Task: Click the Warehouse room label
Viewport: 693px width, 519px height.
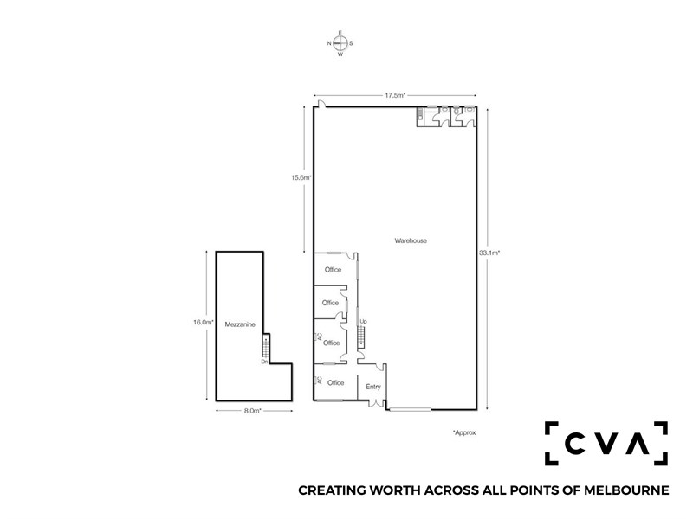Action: (411, 240)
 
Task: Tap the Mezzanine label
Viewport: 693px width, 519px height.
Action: (240, 324)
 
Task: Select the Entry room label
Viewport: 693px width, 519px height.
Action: (373, 387)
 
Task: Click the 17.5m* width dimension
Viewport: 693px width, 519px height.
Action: (395, 95)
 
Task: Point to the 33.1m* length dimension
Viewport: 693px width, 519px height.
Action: (489, 253)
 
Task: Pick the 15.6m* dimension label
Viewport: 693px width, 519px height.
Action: (301, 178)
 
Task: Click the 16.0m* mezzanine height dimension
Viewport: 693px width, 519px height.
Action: (204, 322)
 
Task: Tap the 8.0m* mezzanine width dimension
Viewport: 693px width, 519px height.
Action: (253, 410)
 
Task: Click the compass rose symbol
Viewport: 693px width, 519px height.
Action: (340, 43)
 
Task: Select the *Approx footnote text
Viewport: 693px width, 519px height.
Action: (464, 432)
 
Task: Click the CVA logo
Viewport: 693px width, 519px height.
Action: (606, 443)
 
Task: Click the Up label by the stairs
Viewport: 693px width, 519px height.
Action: (363, 321)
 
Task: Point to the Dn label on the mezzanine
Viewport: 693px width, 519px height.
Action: (264, 362)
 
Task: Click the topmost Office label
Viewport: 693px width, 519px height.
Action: (333, 270)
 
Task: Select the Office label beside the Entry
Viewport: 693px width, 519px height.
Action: (335, 382)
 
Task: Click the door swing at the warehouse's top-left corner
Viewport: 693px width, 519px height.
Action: (321, 104)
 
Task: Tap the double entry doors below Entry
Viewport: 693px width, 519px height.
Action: (376, 403)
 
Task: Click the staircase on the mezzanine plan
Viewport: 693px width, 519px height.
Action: (265, 347)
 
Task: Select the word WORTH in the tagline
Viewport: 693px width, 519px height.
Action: (396, 490)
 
